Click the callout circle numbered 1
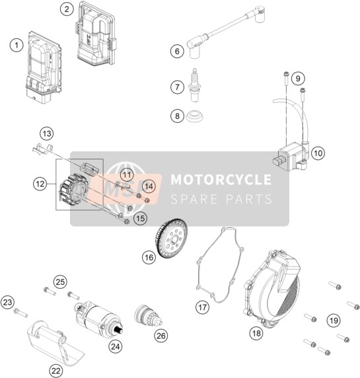tap(17, 46)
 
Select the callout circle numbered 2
tap(67, 9)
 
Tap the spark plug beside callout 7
tap(194, 85)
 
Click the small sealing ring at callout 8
tap(195, 116)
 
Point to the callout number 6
tap(177, 52)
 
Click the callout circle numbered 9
tap(298, 79)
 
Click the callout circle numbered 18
tap(256, 334)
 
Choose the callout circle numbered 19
tap(334, 321)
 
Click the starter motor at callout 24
tap(99, 318)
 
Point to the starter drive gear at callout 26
tap(148, 316)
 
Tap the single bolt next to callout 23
tap(20, 313)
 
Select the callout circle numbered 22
tap(55, 371)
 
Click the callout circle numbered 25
tap(60, 282)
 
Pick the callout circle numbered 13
tap(47, 133)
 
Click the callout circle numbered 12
tap(40, 184)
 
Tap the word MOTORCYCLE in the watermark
tap(221, 180)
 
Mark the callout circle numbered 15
tap(141, 219)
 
